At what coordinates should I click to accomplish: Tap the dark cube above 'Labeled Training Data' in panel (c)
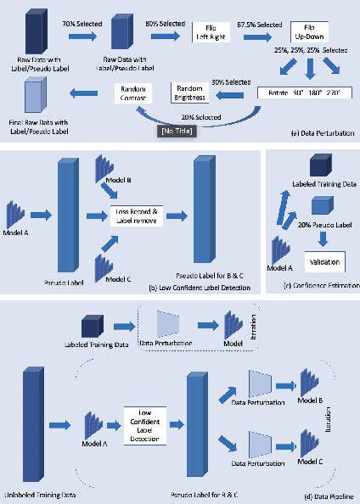pos(320,165)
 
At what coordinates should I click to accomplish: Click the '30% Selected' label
pos(230,81)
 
